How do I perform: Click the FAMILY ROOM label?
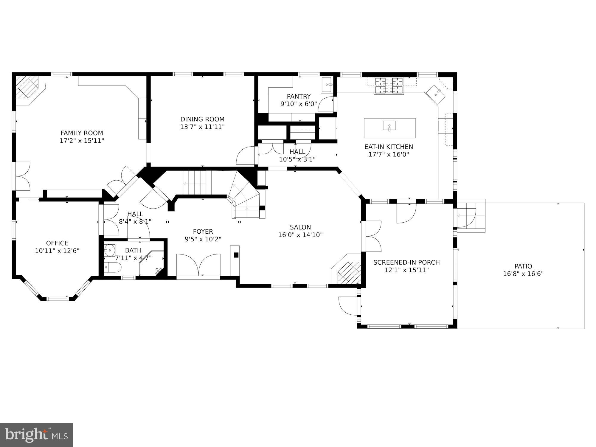(82, 133)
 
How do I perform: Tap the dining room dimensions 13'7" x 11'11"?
(202, 127)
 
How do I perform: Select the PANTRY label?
(299, 96)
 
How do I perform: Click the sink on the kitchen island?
(389, 125)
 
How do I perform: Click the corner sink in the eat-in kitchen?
(436, 94)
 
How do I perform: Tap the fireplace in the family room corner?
(27, 87)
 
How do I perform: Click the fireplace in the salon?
(349, 272)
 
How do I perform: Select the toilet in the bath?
(113, 267)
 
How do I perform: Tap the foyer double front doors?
(198, 265)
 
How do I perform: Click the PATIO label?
(523, 266)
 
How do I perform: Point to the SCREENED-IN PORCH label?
(406, 263)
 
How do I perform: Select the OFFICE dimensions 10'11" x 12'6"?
(57, 251)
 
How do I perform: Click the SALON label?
(300, 227)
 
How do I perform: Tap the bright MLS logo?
(36, 435)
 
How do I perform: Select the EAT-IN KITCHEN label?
(389, 147)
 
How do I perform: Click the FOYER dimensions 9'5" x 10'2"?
(203, 239)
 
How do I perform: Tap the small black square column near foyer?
(236, 255)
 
